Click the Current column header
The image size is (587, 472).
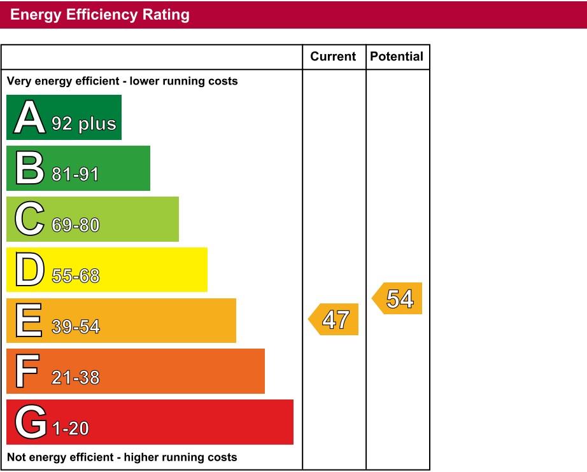(333, 57)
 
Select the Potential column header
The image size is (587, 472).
(397, 57)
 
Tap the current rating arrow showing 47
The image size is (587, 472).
(334, 319)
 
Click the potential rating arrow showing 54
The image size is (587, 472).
(398, 298)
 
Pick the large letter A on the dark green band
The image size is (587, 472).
(30, 118)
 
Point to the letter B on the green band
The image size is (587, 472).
(29, 169)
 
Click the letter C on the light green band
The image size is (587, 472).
(29, 219)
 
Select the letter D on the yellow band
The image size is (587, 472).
(29, 270)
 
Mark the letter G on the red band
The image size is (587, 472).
(30, 422)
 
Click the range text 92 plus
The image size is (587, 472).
(84, 123)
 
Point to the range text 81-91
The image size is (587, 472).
(75, 174)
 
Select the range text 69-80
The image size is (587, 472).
(75, 225)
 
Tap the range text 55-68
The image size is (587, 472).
(75, 276)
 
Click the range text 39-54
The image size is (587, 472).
(75, 327)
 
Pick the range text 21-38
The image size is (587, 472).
(75, 378)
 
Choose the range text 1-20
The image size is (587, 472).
(70, 429)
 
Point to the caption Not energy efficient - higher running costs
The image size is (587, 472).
(122, 457)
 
